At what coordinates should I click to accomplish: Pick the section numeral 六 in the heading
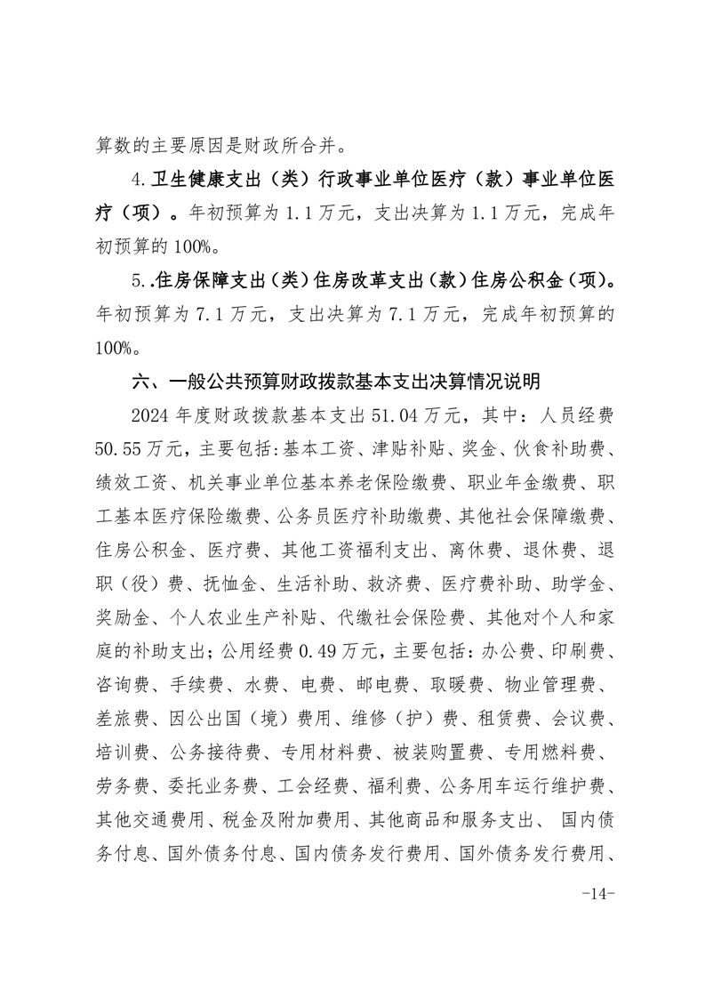tap(140, 382)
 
